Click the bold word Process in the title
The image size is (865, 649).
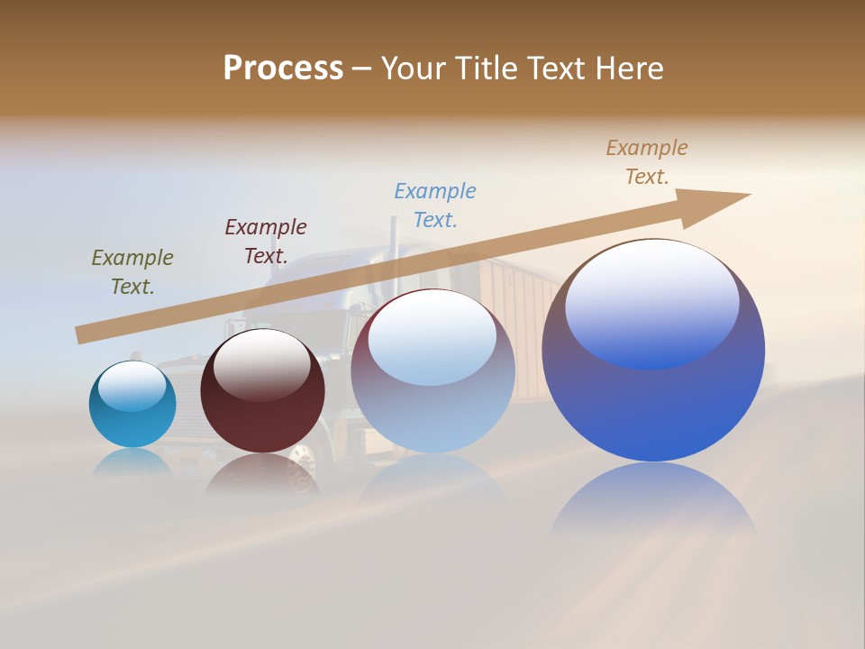pos(283,68)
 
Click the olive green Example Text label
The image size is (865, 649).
pos(132,272)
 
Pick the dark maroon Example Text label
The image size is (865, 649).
pos(266,242)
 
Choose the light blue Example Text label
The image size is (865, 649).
pos(435,206)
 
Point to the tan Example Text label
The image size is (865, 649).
pos(647,162)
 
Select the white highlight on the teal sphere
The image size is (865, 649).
pos(132,383)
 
